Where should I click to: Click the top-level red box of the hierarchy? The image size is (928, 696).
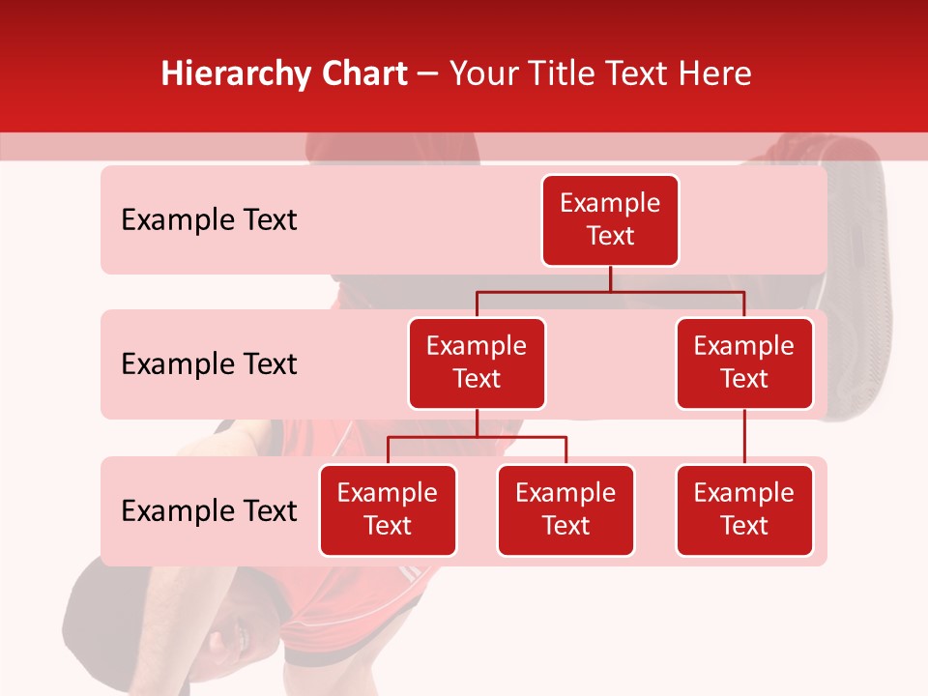pyautogui.click(x=610, y=220)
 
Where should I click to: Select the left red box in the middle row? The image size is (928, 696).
pyautogui.click(x=477, y=363)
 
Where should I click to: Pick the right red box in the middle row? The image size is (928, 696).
pyautogui.click(x=744, y=363)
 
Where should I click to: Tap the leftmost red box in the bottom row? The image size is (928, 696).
pyautogui.click(x=388, y=510)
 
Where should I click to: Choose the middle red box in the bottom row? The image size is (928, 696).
pyautogui.click(x=565, y=510)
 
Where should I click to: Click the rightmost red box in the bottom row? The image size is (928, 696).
pyautogui.click(x=744, y=510)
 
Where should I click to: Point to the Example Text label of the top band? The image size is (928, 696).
pyautogui.click(x=209, y=220)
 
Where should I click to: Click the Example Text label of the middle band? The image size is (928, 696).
pyautogui.click(x=209, y=364)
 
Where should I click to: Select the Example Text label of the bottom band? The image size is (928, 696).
pyautogui.click(x=209, y=510)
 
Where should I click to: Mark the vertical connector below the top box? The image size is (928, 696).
pyautogui.click(x=610, y=278)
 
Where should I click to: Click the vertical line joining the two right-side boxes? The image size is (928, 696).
pyautogui.click(x=744, y=437)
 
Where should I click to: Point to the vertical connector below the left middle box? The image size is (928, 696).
pyautogui.click(x=477, y=423)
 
